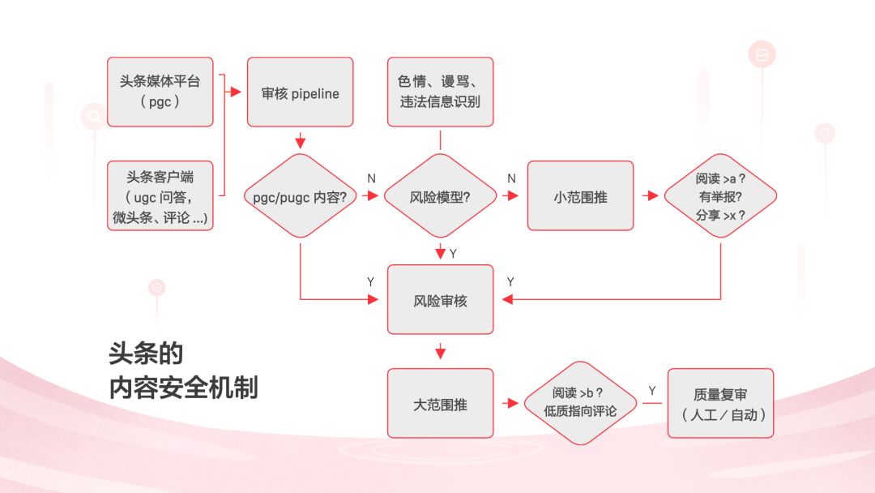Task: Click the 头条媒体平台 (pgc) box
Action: [x=160, y=92]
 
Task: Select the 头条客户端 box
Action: [x=160, y=196]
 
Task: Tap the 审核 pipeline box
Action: [x=300, y=92]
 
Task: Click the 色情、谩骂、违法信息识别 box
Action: [x=440, y=92]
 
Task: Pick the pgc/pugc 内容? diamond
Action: [x=300, y=196]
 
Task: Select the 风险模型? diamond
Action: [x=440, y=196]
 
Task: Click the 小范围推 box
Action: [x=580, y=196]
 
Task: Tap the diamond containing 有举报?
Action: [x=720, y=196]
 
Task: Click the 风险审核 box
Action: [x=440, y=300]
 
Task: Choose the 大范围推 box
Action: [x=440, y=404]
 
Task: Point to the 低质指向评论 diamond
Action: [x=580, y=404]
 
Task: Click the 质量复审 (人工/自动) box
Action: [x=720, y=404]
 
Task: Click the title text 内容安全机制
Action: [x=183, y=388]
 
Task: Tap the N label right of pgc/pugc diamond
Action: [x=371, y=178]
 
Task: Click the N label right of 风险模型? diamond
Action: [x=511, y=178]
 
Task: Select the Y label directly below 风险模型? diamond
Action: [x=453, y=254]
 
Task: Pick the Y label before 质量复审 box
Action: [x=651, y=391]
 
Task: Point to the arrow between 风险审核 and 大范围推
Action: [x=440, y=352]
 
